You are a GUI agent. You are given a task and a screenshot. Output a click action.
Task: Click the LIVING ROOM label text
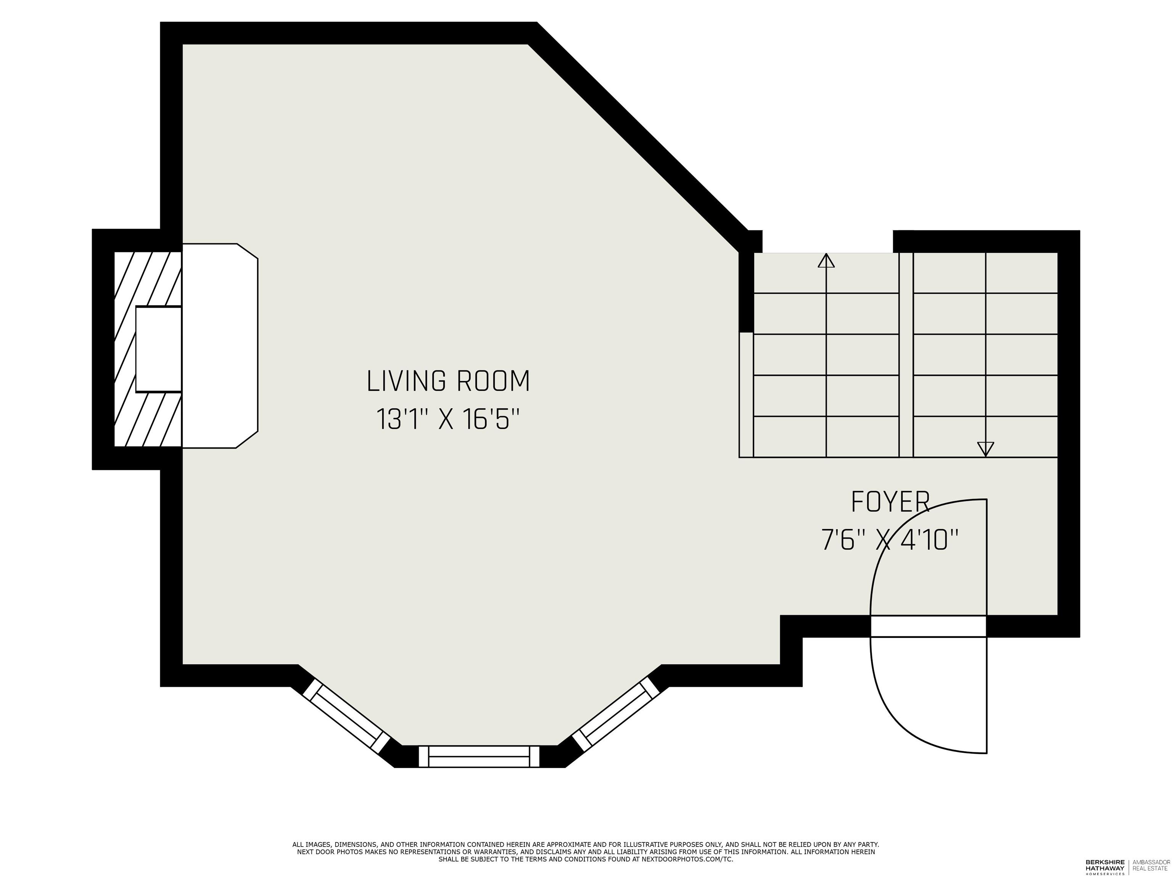click(448, 382)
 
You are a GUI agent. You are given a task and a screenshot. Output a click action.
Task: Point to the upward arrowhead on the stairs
click(826, 261)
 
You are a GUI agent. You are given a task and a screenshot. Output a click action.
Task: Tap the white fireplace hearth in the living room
click(220, 345)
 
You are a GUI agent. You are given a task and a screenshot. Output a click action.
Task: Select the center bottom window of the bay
click(479, 756)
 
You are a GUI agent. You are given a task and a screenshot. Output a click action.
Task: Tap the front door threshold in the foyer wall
click(928, 626)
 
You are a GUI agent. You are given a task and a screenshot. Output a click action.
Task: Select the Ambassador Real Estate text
click(1151, 865)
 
